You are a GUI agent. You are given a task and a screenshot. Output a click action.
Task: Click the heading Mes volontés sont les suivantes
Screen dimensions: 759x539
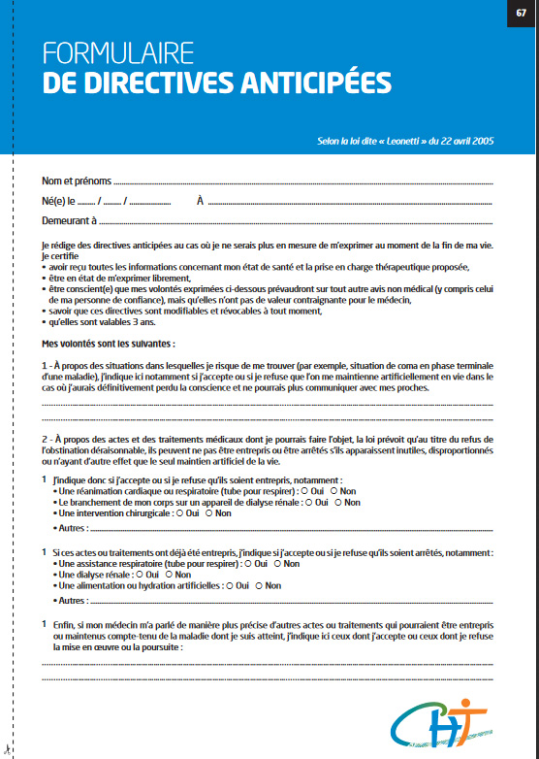[x=109, y=344]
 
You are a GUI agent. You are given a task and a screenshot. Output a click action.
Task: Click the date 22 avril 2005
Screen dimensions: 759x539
[x=460, y=142]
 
